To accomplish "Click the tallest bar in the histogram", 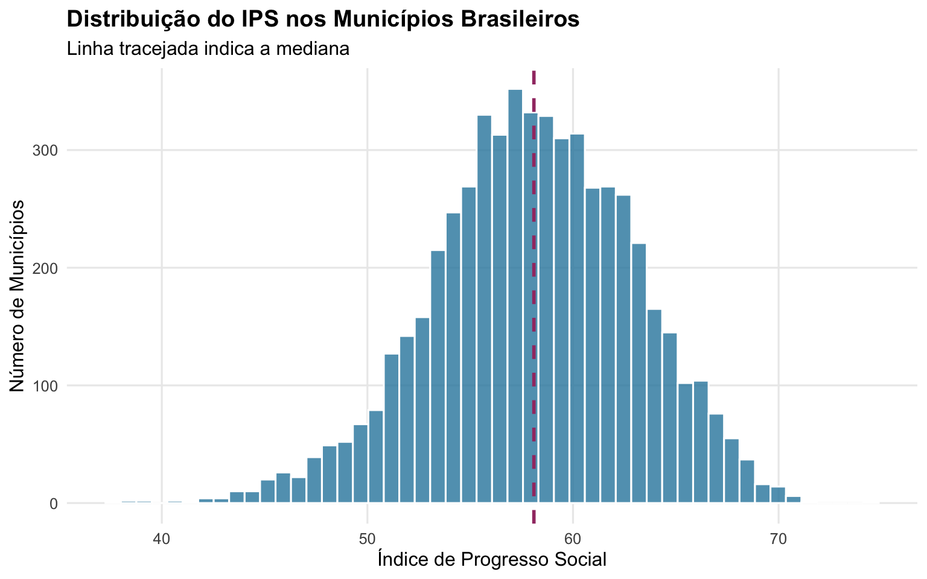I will tap(515, 296).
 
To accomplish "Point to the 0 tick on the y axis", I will tap(53, 504).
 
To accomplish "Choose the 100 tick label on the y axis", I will tap(45, 386).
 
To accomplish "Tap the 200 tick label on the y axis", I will tap(45, 268).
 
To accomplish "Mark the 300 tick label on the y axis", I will tap(45, 151).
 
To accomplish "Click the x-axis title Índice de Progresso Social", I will tap(492, 560).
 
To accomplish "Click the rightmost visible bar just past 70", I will tap(794, 499).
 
